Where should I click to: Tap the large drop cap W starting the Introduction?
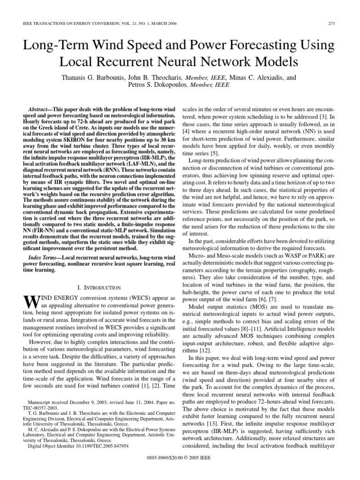pyautogui.click(x=30, y=301)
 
